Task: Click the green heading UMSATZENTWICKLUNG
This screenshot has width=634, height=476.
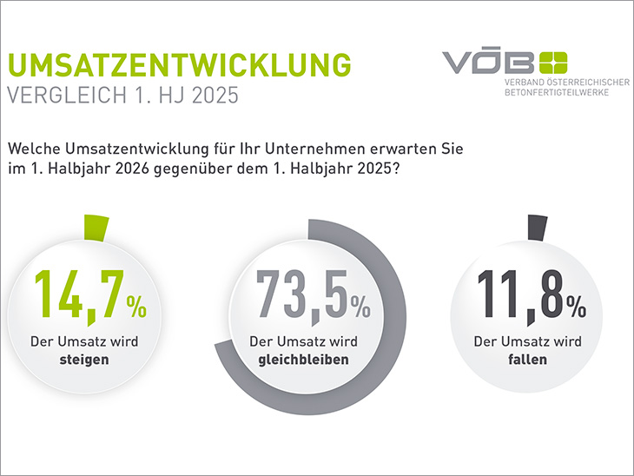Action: click(x=179, y=67)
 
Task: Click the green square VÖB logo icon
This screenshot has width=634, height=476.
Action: click(x=553, y=63)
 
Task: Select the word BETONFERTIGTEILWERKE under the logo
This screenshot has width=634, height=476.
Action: click(x=557, y=92)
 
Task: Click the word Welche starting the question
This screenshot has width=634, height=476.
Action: click(x=32, y=149)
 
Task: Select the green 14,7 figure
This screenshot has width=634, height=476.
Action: click(x=76, y=297)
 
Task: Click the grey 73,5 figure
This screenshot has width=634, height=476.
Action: click(x=299, y=297)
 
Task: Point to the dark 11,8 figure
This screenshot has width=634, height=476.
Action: click(x=518, y=297)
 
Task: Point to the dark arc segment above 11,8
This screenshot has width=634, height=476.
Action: click(x=538, y=227)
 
